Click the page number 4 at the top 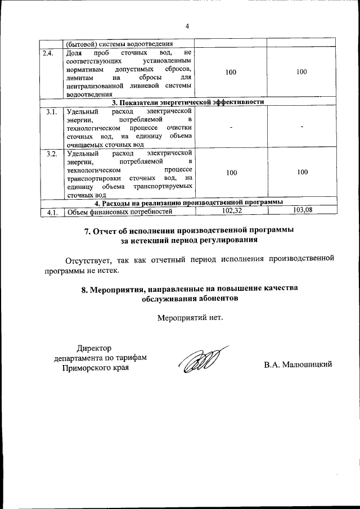tap(187, 25)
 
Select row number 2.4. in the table tap(48, 53)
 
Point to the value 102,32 tap(232, 210)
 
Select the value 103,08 tap(303, 210)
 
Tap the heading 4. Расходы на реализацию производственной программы tap(188, 202)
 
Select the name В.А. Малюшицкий tap(299, 364)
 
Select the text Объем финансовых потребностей tap(118, 213)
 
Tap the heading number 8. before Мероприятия tap(86, 289)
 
